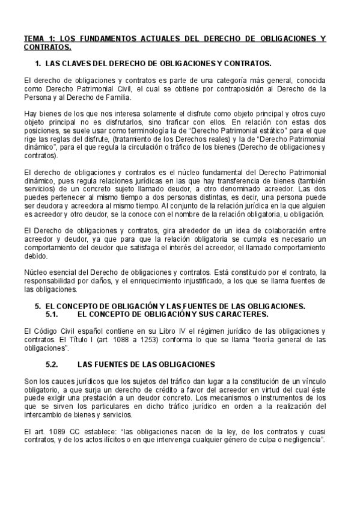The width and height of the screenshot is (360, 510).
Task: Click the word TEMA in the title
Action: pyautogui.click(x=34, y=39)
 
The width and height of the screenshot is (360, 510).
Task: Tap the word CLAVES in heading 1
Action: pyautogui.click(x=73, y=63)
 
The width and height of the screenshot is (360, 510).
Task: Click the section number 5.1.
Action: pyautogui.click(x=55, y=314)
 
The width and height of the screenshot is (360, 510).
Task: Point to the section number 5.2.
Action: pyautogui.click(x=55, y=364)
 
